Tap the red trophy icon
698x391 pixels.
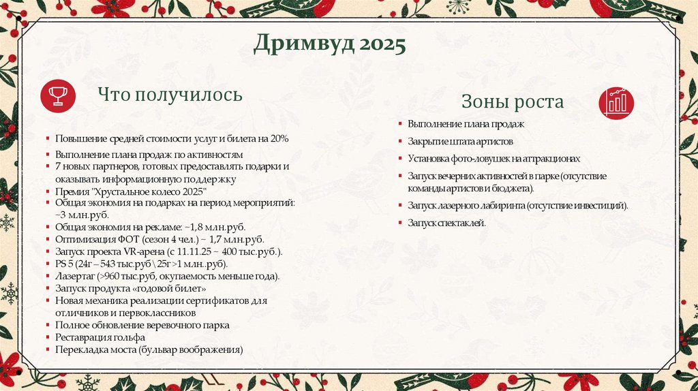click(x=57, y=95)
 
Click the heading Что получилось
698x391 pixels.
click(x=170, y=95)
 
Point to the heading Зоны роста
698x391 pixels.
click(x=513, y=102)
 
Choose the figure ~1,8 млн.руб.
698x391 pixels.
click(x=214, y=226)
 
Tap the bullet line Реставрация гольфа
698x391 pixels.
click(x=100, y=338)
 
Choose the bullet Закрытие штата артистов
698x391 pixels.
click(x=460, y=142)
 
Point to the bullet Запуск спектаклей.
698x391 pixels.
click(x=447, y=223)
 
